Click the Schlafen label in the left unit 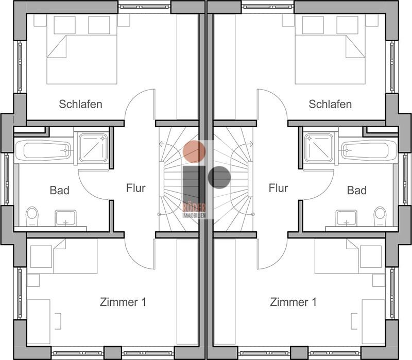80,104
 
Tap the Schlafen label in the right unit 330,104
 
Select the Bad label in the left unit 59,190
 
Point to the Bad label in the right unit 356,190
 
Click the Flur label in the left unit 135,188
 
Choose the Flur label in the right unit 278,188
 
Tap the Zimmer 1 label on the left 123,302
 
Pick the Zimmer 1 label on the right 293,302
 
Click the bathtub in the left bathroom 43,150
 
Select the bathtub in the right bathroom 369,150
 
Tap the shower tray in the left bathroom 94,148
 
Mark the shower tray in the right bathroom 319,148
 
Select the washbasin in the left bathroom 66,218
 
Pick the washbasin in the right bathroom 347,218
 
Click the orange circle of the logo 194,151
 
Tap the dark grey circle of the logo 219,177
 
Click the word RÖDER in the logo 194,208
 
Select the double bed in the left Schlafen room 82,49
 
